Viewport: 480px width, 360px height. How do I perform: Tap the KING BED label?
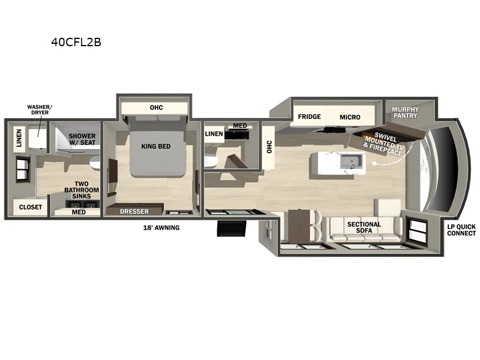pos(157,146)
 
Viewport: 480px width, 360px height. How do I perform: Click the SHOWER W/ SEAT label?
pos(82,140)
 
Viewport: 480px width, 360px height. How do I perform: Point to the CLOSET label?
pos(31,207)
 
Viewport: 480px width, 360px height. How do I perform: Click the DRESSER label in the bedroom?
pos(134,211)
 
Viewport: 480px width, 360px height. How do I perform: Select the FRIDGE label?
pos(310,117)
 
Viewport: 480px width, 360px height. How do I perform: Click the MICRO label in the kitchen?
pos(349,117)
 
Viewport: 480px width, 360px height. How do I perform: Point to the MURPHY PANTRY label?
pos(405,113)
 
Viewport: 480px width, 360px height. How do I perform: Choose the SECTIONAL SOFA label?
pos(364,229)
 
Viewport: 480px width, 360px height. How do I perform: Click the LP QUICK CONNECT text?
pos(461,230)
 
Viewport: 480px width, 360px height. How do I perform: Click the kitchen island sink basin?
pos(349,161)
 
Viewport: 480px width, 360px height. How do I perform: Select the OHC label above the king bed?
pos(156,108)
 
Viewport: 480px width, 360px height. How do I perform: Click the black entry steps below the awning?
pos(231,230)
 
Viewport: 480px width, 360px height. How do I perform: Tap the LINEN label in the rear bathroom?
pos(19,139)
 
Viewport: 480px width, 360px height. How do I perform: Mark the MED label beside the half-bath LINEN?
pos(240,126)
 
